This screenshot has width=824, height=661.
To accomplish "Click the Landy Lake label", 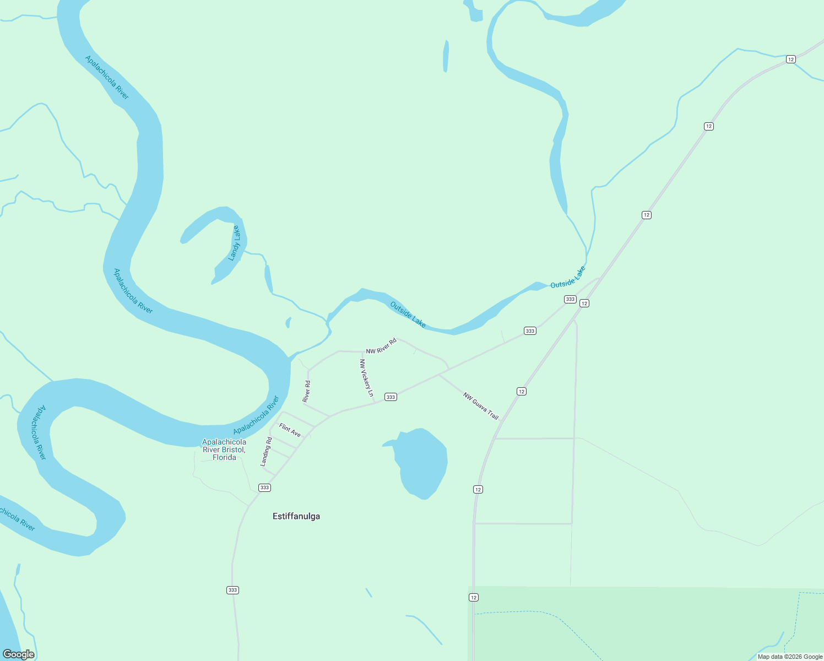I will pyautogui.click(x=235, y=243).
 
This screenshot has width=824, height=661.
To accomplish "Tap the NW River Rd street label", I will pyautogui.click(x=381, y=346).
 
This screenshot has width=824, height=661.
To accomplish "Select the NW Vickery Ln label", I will pyautogui.click(x=367, y=378).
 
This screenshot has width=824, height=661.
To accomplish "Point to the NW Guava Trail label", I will pyautogui.click(x=481, y=406).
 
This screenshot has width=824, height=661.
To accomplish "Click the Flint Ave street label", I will pyautogui.click(x=290, y=430).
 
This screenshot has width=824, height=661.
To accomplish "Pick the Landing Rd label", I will pyautogui.click(x=267, y=452).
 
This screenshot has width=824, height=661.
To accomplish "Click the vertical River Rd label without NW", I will pyautogui.click(x=307, y=391).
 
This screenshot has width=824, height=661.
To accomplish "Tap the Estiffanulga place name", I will pyautogui.click(x=296, y=516).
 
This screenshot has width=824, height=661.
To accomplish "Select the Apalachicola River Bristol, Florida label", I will pyautogui.click(x=224, y=449).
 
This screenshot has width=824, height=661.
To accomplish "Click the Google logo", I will pyautogui.click(x=19, y=654).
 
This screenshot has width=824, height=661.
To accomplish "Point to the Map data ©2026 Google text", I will pyautogui.click(x=790, y=657).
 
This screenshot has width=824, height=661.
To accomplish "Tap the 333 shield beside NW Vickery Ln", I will pyautogui.click(x=391, y=397).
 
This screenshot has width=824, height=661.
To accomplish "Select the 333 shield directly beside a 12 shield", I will pyautogui.click(x=570, y=299).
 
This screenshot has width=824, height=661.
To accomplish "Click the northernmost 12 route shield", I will pyautogui.click(x=791, y=59).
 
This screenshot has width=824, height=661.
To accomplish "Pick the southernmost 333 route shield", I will pyautogui.click(x=232, y=590).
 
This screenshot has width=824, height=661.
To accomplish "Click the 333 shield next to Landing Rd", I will pyautogui.click(x=264, y=487).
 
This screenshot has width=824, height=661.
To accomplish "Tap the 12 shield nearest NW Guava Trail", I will pyautogui.click(x=522, y=391).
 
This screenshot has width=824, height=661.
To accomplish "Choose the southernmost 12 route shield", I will pyautogui.click(x=474, y=598).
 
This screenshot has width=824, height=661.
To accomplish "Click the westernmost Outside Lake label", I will pyautogui.click(x=408, y=315).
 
